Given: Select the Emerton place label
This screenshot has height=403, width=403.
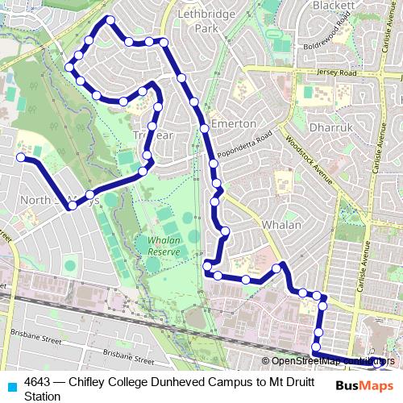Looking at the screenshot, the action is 233,123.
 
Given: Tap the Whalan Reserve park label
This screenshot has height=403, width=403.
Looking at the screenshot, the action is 164,246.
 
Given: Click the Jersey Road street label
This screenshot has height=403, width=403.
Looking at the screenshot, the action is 337,73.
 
